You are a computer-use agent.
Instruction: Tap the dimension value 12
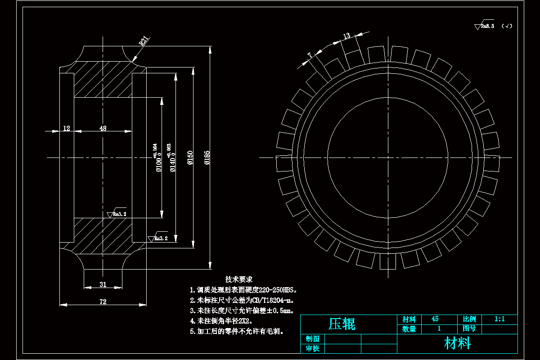coord(67,128)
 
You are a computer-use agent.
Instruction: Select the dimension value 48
coord(103,128)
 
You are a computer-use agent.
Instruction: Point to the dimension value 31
coord(103,284)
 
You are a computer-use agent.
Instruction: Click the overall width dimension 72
coord(103,302)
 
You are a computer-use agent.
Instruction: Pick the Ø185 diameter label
coord(207,158)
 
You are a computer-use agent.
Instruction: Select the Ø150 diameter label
coord(190,158)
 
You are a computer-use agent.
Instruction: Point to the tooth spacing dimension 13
coord(346,36)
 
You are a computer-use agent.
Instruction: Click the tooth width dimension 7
coord(310,55)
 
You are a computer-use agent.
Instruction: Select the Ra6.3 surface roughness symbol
coord(485,26)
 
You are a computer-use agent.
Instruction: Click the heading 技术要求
coord(239,279)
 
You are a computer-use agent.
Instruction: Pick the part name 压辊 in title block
coord(342,324)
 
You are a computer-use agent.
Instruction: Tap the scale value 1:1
coord(499,319)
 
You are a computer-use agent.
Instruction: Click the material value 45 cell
coord(435,319)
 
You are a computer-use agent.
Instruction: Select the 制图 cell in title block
coord(312,339)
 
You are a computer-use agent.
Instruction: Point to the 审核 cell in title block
coord(312,349)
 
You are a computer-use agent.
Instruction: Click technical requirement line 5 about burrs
coord(237,332)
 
